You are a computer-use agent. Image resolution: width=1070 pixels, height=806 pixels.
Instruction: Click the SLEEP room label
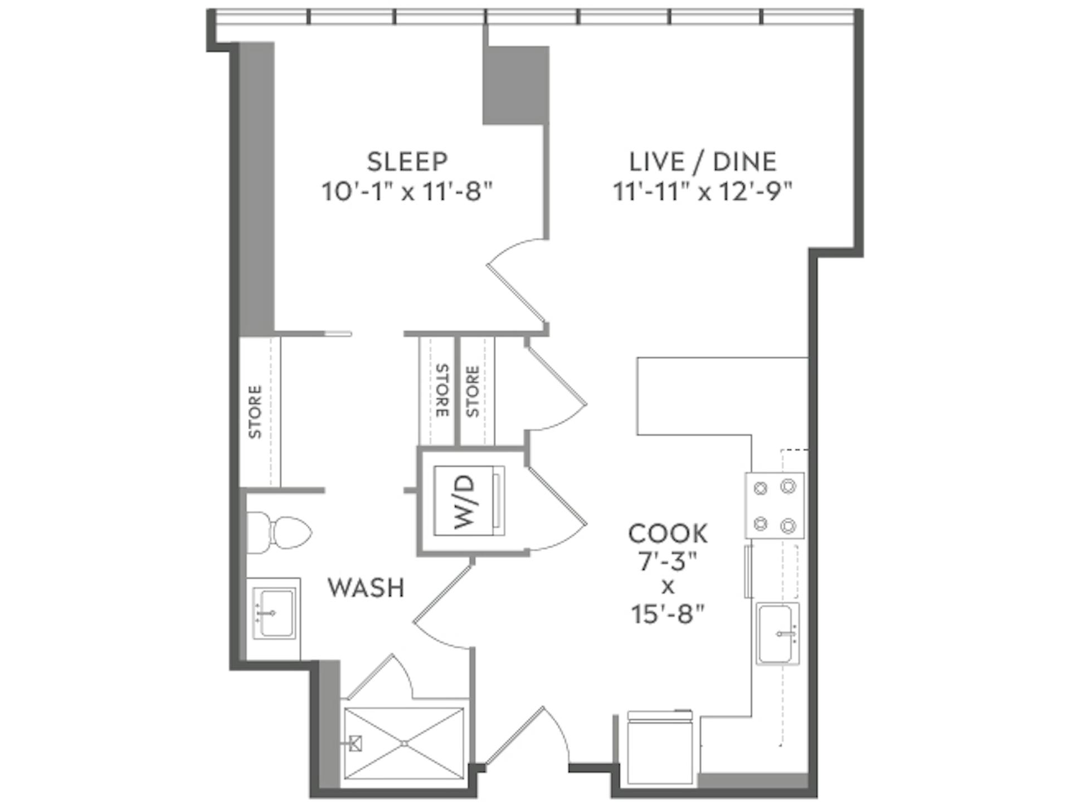407,162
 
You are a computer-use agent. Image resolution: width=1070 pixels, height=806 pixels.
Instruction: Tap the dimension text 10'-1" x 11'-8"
407,192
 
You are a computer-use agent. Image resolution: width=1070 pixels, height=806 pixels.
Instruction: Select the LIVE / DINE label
703,162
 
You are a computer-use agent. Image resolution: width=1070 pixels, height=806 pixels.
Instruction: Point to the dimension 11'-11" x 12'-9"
703,192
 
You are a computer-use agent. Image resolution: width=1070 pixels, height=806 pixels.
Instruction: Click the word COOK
668,534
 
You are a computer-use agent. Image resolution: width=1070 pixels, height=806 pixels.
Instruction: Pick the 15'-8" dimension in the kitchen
668,615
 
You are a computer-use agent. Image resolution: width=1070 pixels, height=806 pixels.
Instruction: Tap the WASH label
366,588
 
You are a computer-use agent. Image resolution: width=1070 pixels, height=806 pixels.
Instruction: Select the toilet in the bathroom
279,533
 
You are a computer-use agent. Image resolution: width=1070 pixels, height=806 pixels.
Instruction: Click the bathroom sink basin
273,613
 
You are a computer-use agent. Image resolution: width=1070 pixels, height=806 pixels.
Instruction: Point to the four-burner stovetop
775,505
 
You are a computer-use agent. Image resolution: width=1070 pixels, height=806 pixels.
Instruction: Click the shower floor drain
404,743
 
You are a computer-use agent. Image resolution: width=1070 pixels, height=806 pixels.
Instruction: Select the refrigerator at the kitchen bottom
659,749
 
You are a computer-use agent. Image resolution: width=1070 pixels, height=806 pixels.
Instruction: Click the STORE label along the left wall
255,412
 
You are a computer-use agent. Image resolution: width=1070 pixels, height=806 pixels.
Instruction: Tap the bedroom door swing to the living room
515,295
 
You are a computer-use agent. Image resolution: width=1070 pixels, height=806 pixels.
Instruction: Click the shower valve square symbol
356,743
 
